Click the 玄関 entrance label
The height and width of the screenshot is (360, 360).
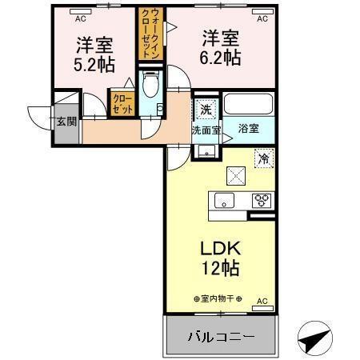[x=66, y=122]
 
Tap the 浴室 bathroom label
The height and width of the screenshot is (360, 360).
[x=249, y=128]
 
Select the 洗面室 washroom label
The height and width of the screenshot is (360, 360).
[x=206, y=129]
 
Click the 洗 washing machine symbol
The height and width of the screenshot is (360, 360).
[x=205, y=110]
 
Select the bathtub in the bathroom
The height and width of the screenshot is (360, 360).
[x=248, y=104]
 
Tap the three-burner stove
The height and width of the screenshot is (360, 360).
[x=261, y=201]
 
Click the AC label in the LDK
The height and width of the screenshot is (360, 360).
[x=261, y=302]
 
